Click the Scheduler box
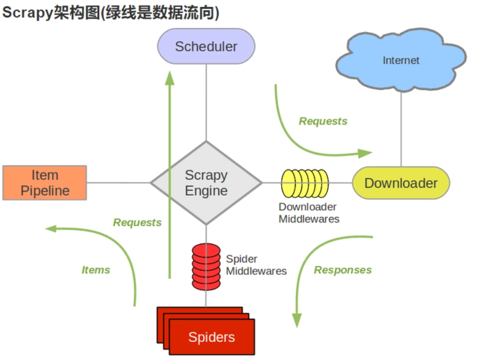tap(206, 46)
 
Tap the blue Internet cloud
tap(402, 60)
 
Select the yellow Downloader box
tap(401, 183)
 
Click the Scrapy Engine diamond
tap(206, 183)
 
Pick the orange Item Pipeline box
tap(45, 182)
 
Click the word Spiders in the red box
tap(211, 337)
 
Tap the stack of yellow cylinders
tap(304, 183)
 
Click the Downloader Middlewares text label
tap(309, 213)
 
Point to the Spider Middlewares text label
tap(256, 265)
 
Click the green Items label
tap(96, 270)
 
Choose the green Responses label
tap(343, 270)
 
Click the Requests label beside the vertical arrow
tap(137, 222)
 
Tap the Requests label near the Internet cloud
tap(323, 121)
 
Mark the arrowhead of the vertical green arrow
tap(170, 78)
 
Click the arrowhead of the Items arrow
tap(51, 228)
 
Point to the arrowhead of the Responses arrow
tap(297, 321)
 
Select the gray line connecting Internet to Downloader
tap(401, 128)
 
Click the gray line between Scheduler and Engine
tap(206, 101)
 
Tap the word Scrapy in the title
tap(27, 13)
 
